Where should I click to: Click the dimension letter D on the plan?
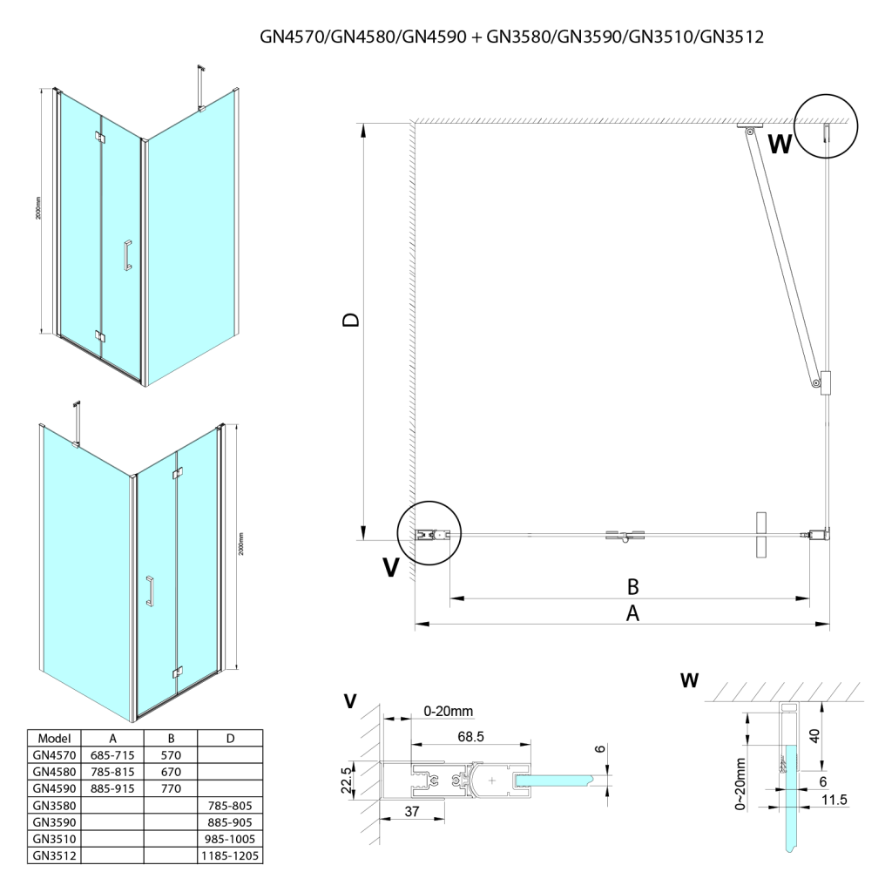350,321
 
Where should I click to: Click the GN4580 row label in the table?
54,771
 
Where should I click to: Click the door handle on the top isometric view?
127,255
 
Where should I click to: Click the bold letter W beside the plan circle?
780,144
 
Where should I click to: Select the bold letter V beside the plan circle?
391,567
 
